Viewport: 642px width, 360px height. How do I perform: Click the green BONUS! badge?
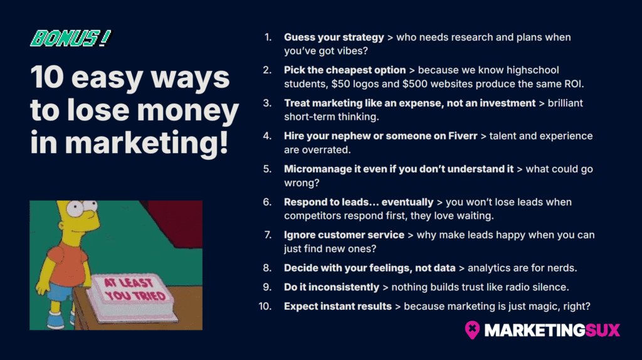pos(70,39)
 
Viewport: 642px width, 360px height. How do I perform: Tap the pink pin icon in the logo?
pos(472,329)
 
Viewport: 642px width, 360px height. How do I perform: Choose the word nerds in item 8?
pos(560,268)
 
